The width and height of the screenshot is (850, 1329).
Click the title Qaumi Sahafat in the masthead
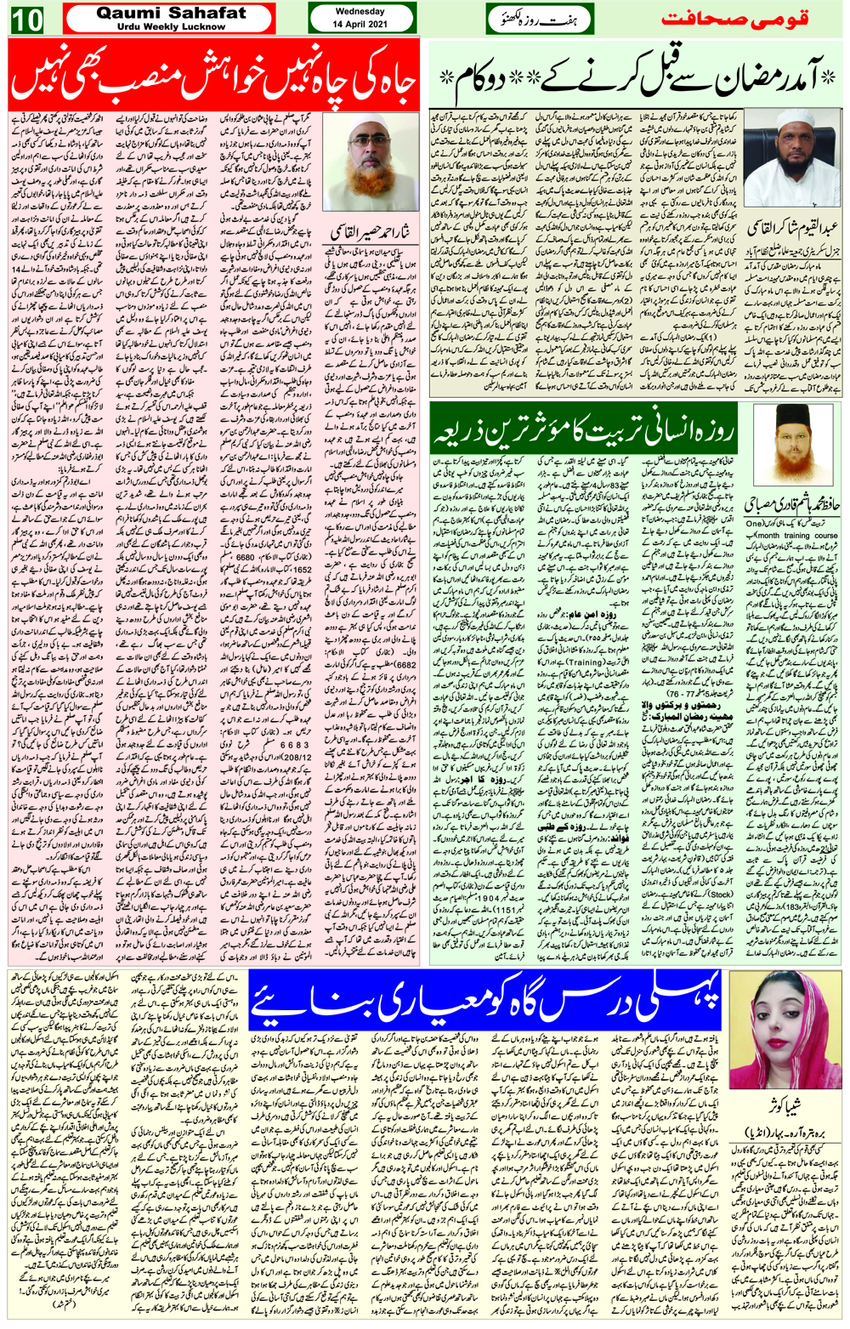[x=171, y=14]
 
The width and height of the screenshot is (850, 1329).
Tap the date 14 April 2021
[x=360, y=25]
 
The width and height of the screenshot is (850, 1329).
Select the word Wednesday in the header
[x=360, y=12]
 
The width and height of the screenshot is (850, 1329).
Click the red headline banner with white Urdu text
[x=213, y=75]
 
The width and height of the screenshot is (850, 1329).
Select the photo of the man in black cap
[x=791, y=444]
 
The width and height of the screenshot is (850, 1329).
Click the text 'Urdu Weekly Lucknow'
[x=171, y=27]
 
